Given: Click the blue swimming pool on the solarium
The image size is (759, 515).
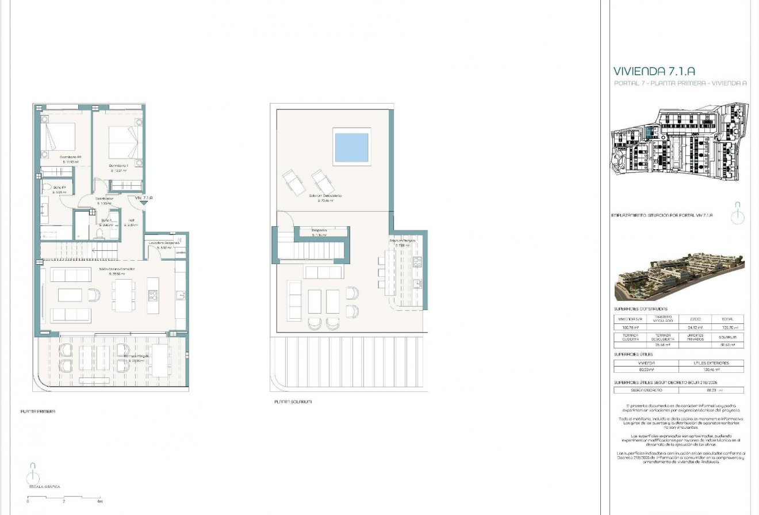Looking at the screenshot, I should click(351, 147).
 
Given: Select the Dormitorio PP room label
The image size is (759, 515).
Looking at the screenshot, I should click(70, 158).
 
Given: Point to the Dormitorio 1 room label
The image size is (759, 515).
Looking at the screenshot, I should click(118, 166).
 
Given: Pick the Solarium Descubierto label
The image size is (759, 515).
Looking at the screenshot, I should click(325, 196).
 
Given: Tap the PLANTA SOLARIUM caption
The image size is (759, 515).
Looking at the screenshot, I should click(293, 402).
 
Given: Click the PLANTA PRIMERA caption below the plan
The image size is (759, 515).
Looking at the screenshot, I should click(38, 411).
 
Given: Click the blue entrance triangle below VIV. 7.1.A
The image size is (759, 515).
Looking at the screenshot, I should click(144, 204).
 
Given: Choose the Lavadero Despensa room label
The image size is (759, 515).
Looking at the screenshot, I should click(164, 243).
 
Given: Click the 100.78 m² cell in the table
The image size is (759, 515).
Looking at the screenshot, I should click(630, 328).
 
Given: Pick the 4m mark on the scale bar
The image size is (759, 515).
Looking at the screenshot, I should click(100, 502).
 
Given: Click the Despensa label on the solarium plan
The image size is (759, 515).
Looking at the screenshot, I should click(319, 231).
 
